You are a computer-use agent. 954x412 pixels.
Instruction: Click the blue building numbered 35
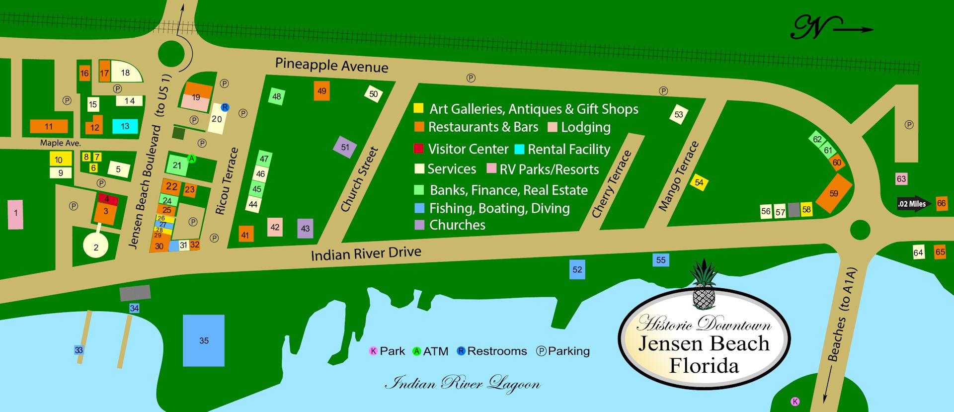204,340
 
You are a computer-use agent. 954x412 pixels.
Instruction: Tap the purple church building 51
345,147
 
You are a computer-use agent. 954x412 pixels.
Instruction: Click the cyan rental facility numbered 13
125,126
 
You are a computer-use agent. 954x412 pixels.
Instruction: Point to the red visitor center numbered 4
108,199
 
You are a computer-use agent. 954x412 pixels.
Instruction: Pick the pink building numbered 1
15,214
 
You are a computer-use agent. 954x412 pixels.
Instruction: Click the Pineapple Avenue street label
331,65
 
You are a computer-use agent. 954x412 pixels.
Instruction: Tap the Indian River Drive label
366,253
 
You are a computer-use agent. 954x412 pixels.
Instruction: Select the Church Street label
360,179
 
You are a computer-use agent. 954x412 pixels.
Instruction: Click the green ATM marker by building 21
192,159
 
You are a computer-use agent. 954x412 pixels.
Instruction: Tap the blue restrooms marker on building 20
225,107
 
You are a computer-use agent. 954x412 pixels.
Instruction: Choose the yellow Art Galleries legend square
418,108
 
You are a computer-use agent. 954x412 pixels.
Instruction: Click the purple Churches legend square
419,225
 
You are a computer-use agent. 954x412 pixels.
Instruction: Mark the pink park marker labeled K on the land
795,402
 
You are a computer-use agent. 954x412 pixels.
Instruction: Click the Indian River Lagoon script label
463,383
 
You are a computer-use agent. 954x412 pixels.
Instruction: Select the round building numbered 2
96,247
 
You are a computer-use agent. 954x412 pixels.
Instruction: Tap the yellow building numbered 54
699,183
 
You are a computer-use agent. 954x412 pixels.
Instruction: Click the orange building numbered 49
322,91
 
